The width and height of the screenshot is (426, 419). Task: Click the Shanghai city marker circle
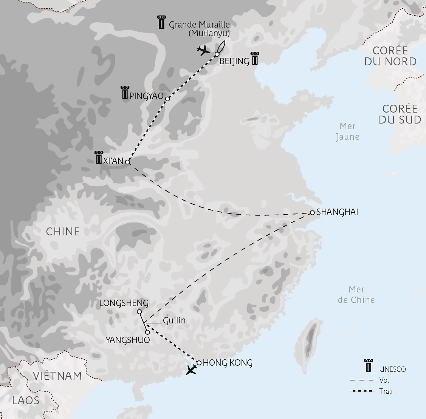coord(312,213)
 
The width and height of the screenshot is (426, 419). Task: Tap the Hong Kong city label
coord(228,363)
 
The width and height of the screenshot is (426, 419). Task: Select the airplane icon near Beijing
coord(203,50)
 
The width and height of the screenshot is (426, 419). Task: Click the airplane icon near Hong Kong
coord(192,370)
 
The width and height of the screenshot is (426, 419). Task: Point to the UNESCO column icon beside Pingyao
coord(125,93)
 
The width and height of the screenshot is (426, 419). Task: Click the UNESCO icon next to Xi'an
coord(99,158)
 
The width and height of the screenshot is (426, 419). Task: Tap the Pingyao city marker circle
coord(167,99)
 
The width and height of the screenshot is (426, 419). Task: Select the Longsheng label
coord(124,303)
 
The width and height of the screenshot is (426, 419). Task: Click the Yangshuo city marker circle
coord(147,332)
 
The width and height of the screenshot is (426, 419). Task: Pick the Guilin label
coord(174,321)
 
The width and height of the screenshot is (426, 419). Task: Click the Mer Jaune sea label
coord(348,131)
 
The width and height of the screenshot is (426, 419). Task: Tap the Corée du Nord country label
coord(390,56)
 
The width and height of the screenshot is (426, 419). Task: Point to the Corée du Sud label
coord(400,114)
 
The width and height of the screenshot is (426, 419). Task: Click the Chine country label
coord(63,231)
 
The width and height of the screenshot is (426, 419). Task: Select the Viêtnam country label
coord(57,376)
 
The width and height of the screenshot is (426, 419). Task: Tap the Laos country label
coord(26,400)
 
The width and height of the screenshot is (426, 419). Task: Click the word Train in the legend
coord(387,391)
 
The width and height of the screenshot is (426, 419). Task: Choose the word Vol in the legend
coord(384,380)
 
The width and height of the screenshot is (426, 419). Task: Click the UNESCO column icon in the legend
coord(368,366)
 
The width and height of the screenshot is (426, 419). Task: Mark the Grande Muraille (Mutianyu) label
coord(199,29)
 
